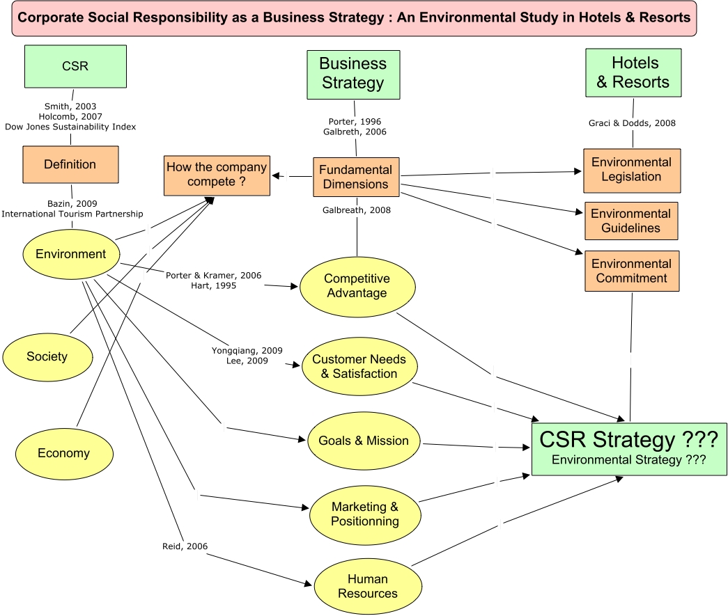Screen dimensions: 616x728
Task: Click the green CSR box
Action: point(75,67)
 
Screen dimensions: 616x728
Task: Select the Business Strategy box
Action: point(353,74)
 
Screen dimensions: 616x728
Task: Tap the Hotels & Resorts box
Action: point(633,72)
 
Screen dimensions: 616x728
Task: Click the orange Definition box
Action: point(70,164)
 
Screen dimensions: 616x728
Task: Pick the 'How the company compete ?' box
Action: point(217,175)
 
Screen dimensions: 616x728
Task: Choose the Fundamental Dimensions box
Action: point(355,177)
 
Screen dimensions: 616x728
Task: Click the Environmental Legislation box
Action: point(631,170)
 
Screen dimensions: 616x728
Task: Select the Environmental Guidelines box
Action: point(630,221)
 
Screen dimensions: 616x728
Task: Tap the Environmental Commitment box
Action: point(631,271)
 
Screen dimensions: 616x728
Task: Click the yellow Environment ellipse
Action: point(71,254)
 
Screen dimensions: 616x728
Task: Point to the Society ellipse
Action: point(47,356)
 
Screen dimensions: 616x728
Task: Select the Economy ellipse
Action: point(63,453)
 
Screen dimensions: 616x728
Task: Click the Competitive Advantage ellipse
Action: point(357,286)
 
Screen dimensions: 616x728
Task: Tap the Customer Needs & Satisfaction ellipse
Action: point(359,367)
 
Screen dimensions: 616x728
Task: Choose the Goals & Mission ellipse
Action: point(364,441)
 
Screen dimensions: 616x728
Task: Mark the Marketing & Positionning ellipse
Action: point(365,514)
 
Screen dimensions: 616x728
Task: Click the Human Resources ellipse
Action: point(368,586)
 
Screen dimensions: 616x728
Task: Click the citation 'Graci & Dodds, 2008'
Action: point(633,123)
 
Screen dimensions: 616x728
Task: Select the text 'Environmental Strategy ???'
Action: point(629,459)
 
